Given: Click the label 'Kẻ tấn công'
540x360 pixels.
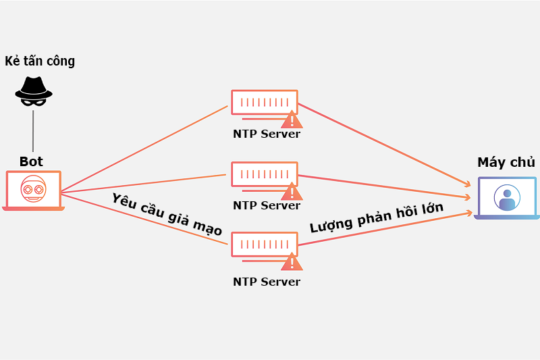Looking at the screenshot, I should (x=40, y=61).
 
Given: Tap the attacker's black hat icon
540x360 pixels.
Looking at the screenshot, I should (x=34, y=86).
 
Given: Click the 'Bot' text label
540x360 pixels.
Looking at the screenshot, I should (x=31, y=161).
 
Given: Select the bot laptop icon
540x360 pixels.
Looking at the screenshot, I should (x=33, y=190).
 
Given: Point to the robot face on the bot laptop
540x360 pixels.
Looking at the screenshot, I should (x=33, y=189).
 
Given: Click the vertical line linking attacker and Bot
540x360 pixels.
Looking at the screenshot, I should (x=33, y=130).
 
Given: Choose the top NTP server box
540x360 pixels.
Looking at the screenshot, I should (x=264, y=103).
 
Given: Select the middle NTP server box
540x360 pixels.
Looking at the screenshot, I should (x=264, y=174).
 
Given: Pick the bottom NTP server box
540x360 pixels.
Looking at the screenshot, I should (x=264, y=245).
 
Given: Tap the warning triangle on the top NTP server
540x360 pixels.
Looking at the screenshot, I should (x=292, y=120).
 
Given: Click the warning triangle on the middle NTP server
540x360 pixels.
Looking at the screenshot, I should (x=292, y=191).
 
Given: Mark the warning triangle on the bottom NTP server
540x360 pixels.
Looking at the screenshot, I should (x=292, y=263).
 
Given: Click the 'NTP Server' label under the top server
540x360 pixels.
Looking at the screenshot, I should (x=267, y=134).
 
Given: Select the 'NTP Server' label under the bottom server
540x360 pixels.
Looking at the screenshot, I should (x=267, y=282).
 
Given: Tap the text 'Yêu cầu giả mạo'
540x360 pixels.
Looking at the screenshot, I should (x=167, y=214).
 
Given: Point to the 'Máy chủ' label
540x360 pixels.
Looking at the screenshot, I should (x=506, y=163).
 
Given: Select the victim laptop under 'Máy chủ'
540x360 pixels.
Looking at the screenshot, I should (x=506, y=198).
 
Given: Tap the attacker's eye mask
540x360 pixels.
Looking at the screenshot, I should (x=34, y=101).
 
